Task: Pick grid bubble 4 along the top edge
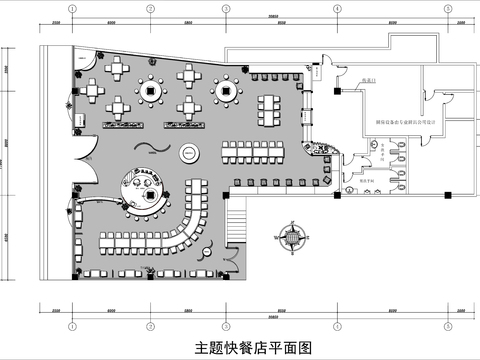338,8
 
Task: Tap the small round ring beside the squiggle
187,153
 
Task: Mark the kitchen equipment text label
378,113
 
